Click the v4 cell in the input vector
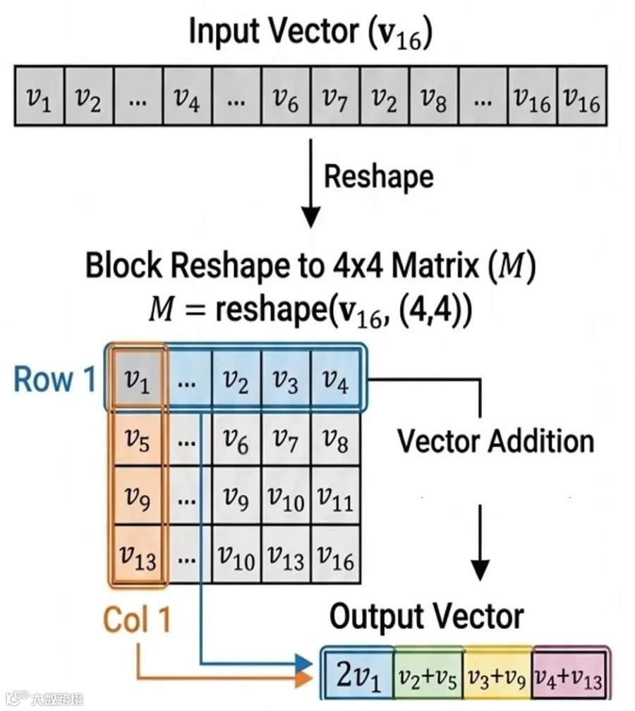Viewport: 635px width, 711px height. click(187, 96)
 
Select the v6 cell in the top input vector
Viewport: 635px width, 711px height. click(286, 96)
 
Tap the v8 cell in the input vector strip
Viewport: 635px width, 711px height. click(434, 96)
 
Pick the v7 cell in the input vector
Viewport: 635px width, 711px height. click(335, 96)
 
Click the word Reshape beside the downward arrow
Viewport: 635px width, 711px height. click(378, 177)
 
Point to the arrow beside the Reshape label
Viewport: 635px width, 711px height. click(310, 184)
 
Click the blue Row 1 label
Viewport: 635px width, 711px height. click(55, 379)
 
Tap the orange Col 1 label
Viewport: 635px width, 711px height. click(136, 619)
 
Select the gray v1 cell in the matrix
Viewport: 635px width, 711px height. click(138, 380)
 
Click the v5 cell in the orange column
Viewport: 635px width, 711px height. click(138, 439)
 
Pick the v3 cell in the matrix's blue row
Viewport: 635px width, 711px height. click(286, 380)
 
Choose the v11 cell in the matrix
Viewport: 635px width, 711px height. click(335, 497)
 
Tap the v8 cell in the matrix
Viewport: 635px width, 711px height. click(335, 439)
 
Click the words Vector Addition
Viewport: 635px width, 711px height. click(496, 441)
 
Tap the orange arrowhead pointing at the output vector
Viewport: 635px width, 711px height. click(305, 679)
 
